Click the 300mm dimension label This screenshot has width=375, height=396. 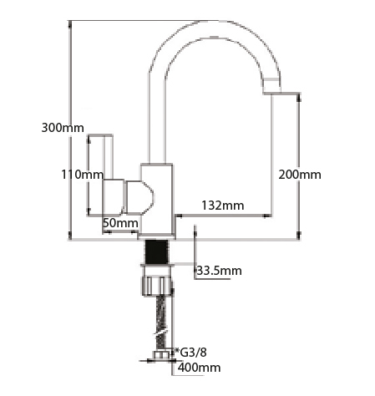63,128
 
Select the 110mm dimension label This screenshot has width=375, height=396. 83,175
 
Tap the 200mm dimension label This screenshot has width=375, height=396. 300,175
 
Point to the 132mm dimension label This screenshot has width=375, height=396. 223,206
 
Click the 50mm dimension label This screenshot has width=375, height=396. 120,223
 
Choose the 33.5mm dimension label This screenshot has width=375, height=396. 220,271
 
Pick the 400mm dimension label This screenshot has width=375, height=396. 200,368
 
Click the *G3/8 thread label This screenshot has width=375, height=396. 190,353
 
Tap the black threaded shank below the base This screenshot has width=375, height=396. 157,251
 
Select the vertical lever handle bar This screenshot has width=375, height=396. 109,157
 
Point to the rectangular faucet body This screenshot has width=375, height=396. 156,199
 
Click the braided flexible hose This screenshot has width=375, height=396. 162,322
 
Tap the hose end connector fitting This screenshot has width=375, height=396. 161,355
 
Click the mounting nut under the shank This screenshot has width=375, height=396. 157,282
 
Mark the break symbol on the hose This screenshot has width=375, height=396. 161,332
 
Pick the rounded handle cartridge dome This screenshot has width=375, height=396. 139,197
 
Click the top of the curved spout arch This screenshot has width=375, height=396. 215,28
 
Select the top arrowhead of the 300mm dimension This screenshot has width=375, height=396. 69,24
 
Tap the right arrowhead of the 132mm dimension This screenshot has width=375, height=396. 268,216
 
